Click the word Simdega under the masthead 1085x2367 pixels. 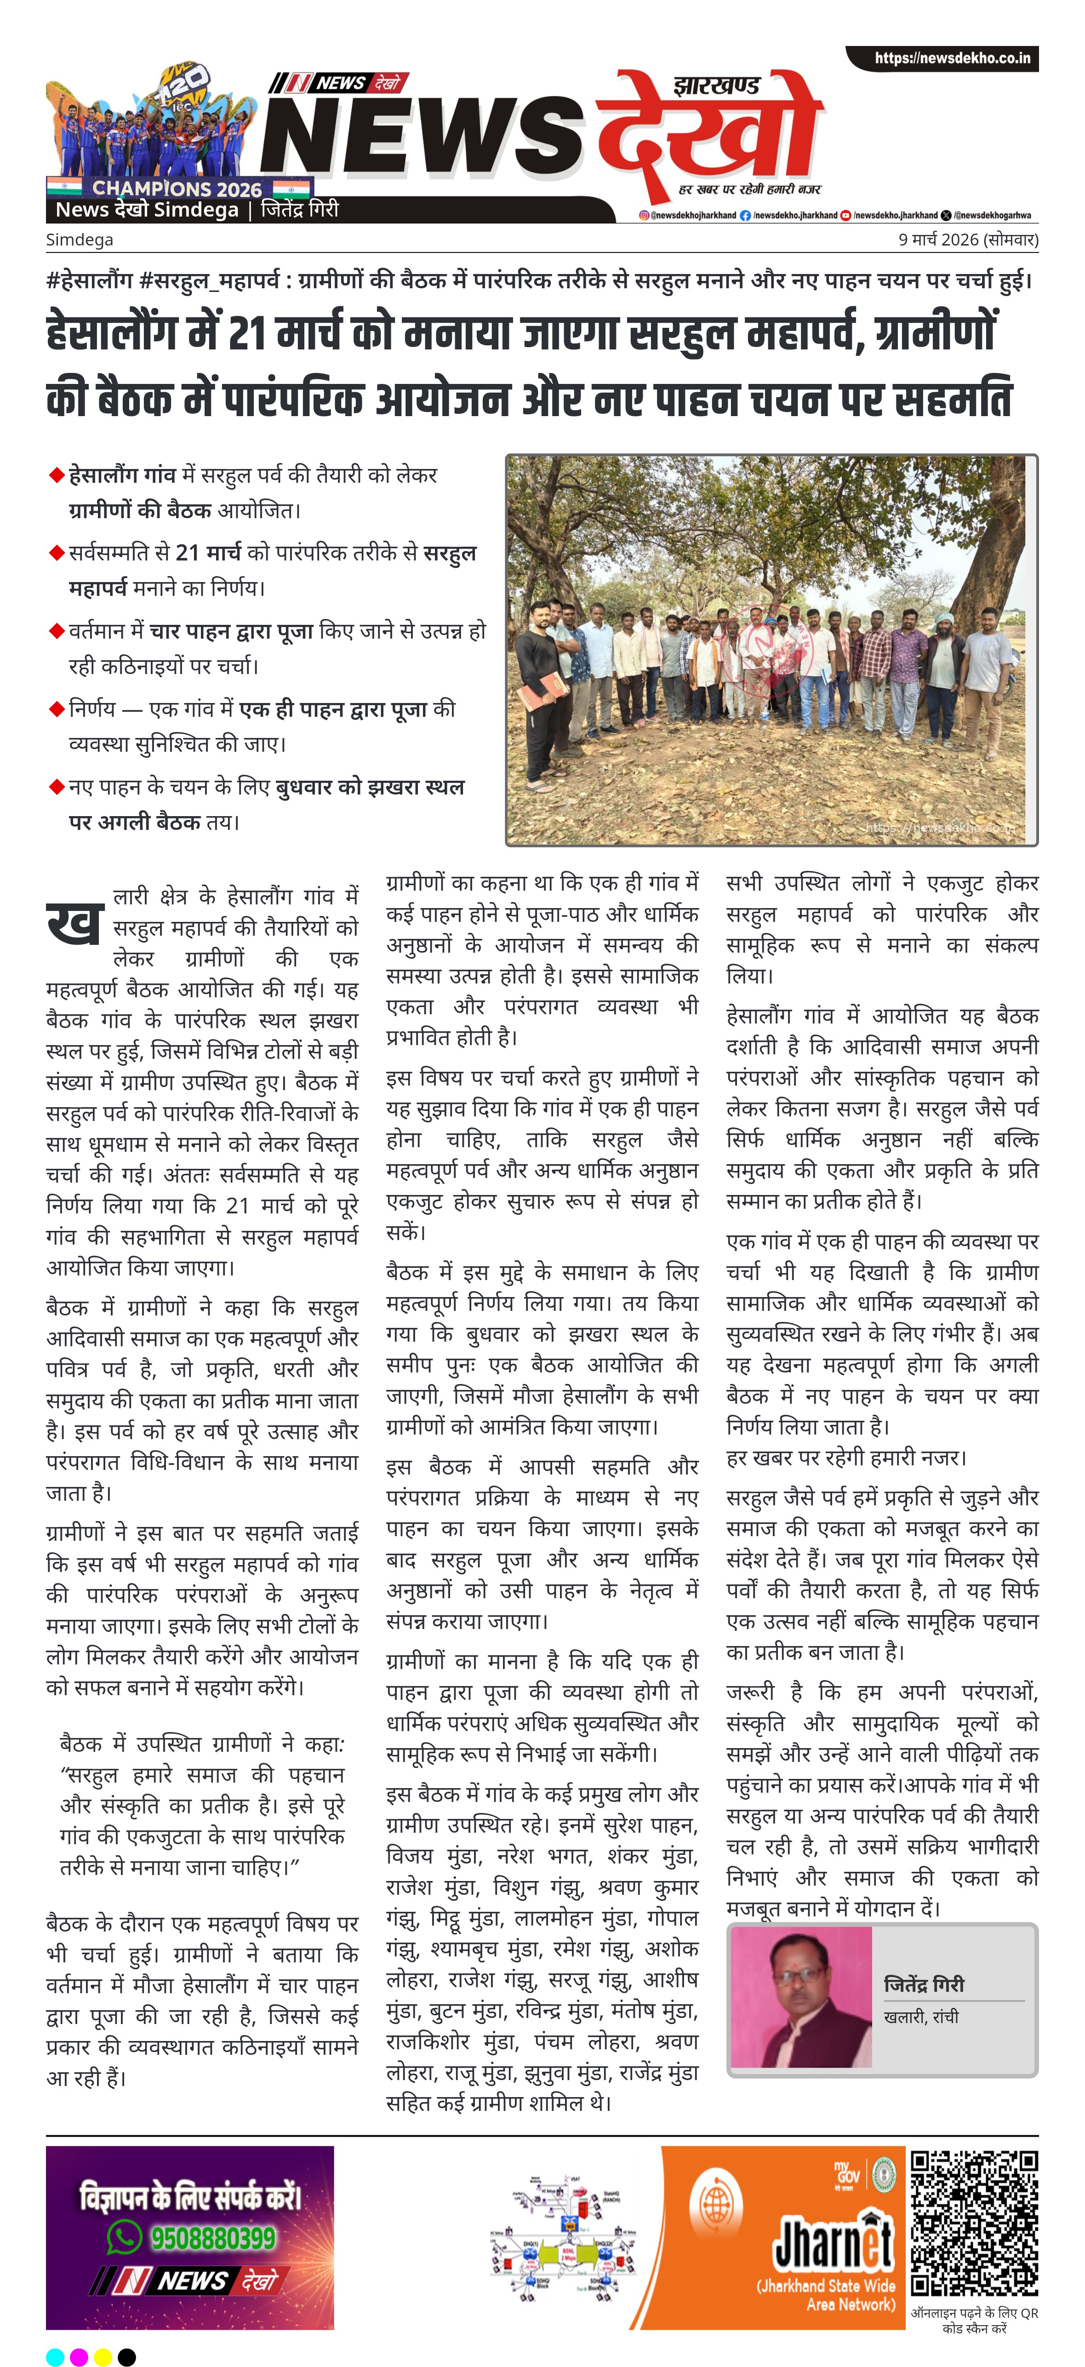click(80, 240)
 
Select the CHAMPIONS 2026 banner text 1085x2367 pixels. click(177, 189)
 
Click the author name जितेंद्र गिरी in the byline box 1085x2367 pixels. click(923, 1984)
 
